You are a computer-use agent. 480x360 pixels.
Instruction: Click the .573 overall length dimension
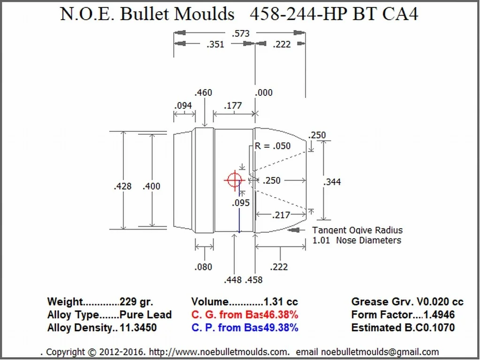point(241,33)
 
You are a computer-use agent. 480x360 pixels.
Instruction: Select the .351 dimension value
point(215,45)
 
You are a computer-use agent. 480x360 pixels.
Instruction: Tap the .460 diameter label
point(203,92)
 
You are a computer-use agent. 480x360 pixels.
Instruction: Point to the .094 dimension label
point(183,106)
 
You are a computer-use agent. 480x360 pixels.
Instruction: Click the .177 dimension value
point(233,106)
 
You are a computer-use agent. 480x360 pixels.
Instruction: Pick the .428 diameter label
point(122,186)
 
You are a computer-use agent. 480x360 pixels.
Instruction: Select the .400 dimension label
point(152,186)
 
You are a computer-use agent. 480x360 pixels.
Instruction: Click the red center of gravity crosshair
point(235,180)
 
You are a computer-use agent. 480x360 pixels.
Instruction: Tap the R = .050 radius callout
point(273,146)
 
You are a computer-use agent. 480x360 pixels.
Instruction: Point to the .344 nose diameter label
point(332,182)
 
